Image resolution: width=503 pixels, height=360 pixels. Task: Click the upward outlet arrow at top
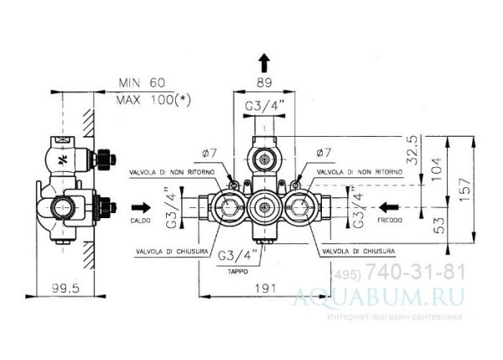[x=264, y=61]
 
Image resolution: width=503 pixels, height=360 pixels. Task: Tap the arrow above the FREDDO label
[x=387, y=206]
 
